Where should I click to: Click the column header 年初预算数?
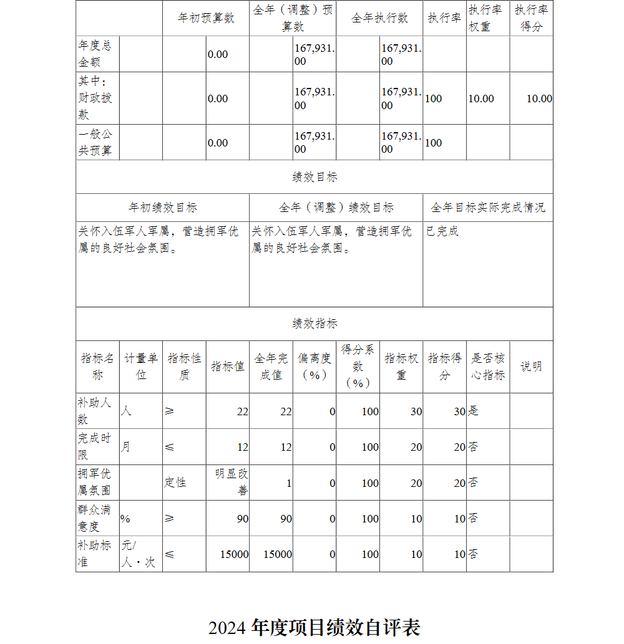206,18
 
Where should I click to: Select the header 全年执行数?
379,18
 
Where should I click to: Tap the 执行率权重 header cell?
488,18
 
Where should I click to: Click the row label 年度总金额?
95,54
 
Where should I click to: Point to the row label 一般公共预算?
95,143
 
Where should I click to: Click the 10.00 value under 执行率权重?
481,99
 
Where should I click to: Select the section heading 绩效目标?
314,177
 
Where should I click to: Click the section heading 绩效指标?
314,324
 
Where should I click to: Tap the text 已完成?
442,231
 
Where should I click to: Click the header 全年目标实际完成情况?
488,208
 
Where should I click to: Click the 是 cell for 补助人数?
474,411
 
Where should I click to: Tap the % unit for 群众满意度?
125,519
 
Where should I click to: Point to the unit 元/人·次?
138,554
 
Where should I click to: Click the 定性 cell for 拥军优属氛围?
175,483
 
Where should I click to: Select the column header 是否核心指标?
488,367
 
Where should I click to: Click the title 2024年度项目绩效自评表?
314,627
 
